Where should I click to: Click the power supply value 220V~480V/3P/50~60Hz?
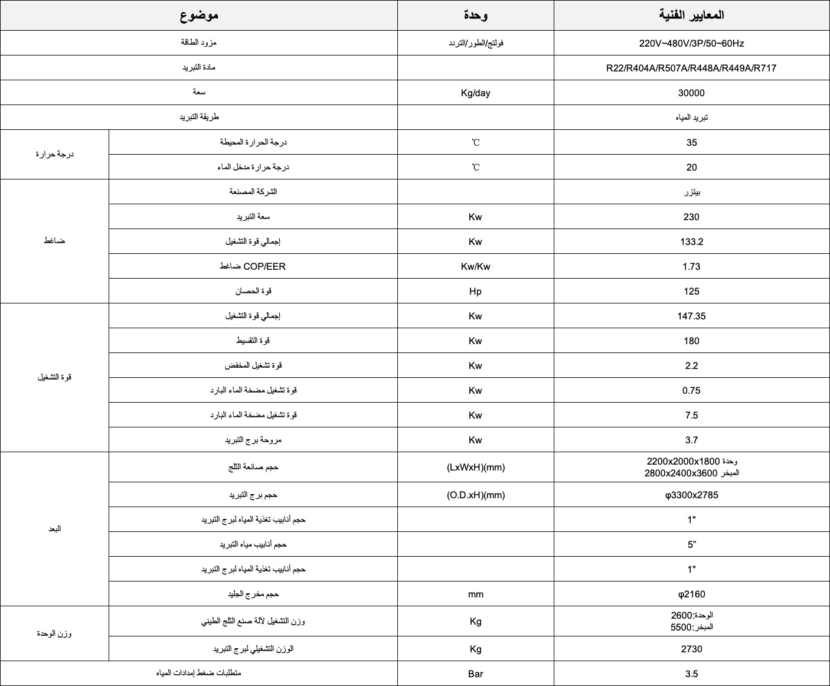(691, 43)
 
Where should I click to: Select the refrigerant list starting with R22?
(691, 68)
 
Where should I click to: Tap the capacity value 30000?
(691, 93)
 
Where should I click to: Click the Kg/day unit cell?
(475, 93)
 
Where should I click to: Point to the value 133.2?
(691, 241)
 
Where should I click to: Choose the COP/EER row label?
(253, 266)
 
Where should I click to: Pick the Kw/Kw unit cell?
(475, 266)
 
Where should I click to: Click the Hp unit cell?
(475, 291)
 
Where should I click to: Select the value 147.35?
(691, 316)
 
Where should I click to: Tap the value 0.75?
(691, 390)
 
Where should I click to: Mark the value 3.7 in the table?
(691, 440)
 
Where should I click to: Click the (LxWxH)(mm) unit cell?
(475, 467)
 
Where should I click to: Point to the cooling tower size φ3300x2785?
(691, 495)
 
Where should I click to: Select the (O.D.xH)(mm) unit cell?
(475, 495)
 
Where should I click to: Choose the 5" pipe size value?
(691, 544)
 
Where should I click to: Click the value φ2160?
(691, 594)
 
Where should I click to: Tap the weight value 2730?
(691, 649)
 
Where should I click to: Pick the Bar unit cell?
(475, 674)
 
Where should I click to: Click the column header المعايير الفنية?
(691, 15)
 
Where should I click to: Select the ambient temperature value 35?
(691, 142)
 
